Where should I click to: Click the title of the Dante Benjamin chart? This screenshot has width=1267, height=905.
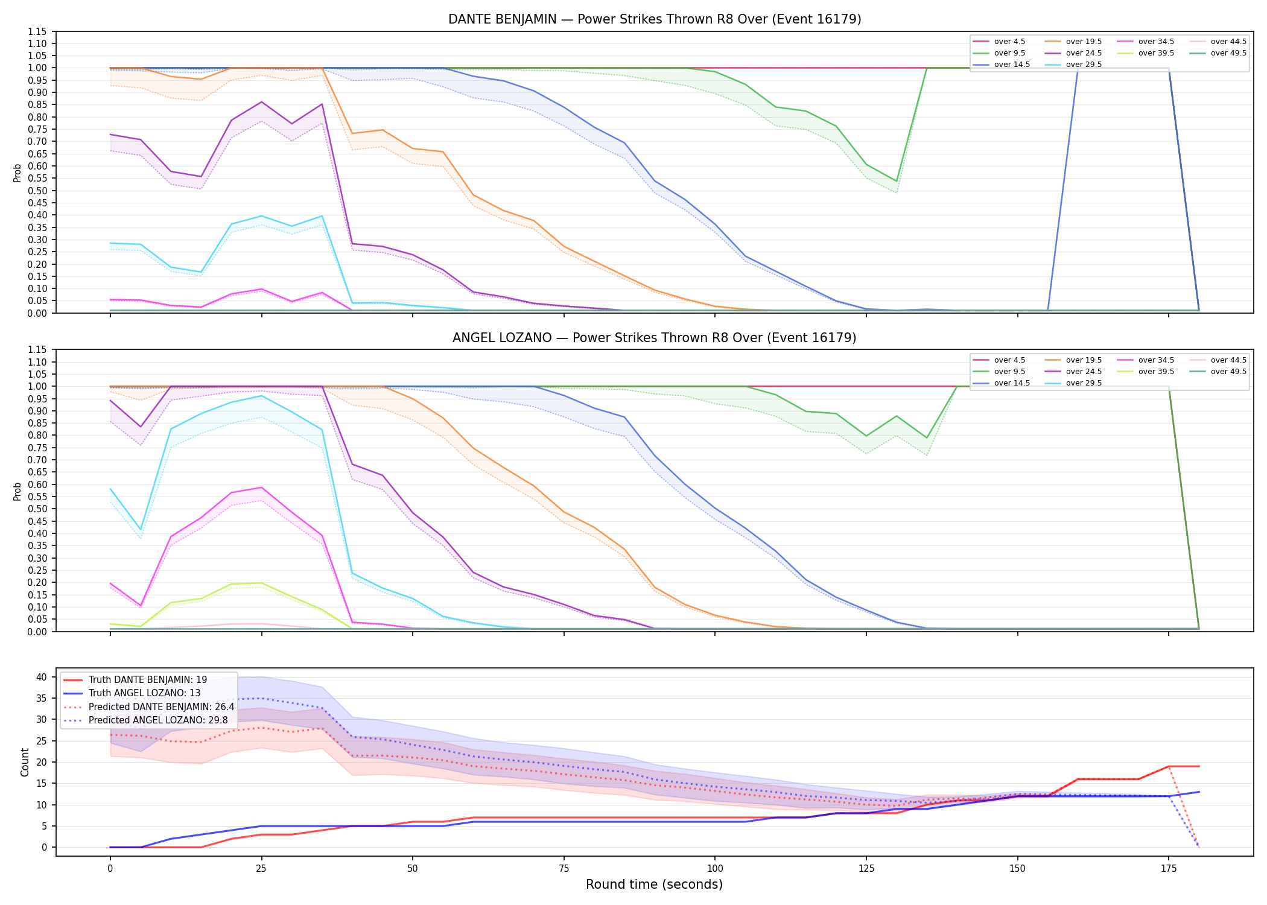pyautogui.click(x=655, y=19)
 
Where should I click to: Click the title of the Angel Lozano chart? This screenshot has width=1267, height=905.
pyautogui.click(x=655, y=338)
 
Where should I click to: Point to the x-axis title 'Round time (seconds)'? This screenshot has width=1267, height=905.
pyautogui.click(x=654, y=884)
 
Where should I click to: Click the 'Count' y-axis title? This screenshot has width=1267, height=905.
pyautogui.click(x=25, y=762)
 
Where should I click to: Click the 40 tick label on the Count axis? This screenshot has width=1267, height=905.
pyautogui.click(x=42, y=677)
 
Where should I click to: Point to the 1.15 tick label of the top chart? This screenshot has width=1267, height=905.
pyautogui.click(x=37, y=31)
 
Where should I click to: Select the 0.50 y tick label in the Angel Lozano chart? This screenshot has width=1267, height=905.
pyautogui.click(x=37, y=509)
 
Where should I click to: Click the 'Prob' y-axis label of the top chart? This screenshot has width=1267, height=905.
pyautogui.click(x=17, y=173)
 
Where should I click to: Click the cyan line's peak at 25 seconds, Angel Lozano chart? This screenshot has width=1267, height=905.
pyautogui.click(x=261, y=396)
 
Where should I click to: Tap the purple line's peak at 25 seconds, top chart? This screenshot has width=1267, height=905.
pyautogui.click(x=261, y=102)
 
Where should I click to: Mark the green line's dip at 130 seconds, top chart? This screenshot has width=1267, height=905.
pyautogui.click(x=897, y=181)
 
